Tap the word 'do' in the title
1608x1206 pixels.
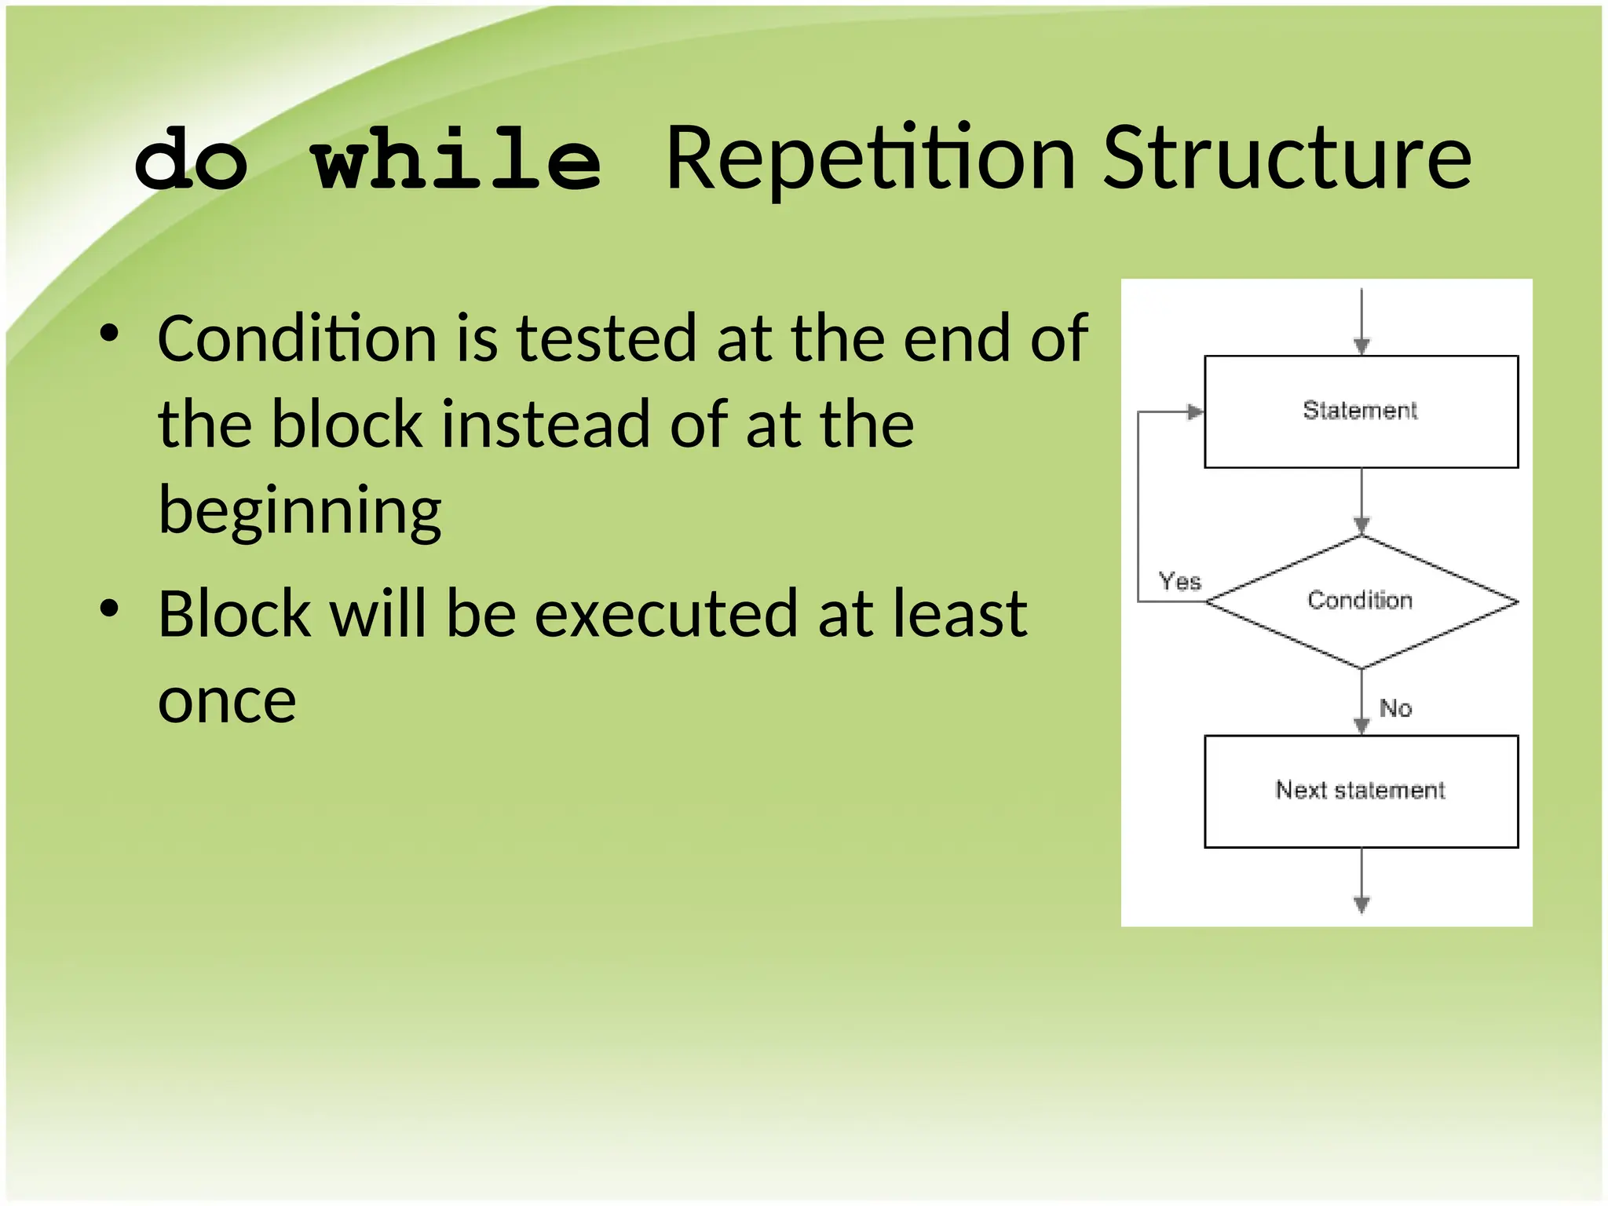click(191, 161)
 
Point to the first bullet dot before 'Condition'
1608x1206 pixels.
click(109, 334)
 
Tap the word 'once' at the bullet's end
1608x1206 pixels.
click(227, 701)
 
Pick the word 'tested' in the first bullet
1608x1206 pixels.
click(606, 339)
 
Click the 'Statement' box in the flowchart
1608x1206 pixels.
click(1361, 411)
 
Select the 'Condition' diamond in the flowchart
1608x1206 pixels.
click(1361, 601)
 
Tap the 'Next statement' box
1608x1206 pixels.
click(1361, 791)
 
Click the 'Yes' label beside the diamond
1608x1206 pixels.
click(1180, 582)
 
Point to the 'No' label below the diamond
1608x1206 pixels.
click(1396, 708)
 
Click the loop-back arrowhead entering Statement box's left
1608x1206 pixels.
click(1194, 411)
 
